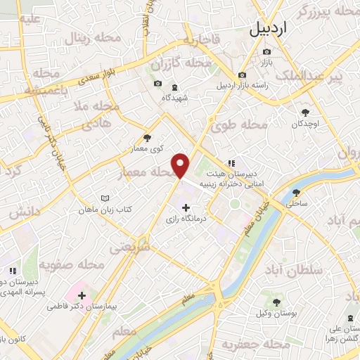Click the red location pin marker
[x=181, y=165]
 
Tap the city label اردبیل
[x=269, y=30]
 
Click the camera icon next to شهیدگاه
[x=157, y=85]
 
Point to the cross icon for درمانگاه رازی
[x=186, y=207]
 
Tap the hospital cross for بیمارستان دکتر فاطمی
[x=82, y=295]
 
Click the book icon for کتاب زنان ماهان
[x=105, y=199]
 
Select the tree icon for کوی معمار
[x=146, y=138]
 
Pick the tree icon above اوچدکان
[x=305, y=112]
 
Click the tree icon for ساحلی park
[x=296, y=191]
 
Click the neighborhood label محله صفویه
[x=71, y=265]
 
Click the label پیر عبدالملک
[x=320, y=75]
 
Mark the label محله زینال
[x=87, y=40]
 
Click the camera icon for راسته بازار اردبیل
[x=242, y=75]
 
